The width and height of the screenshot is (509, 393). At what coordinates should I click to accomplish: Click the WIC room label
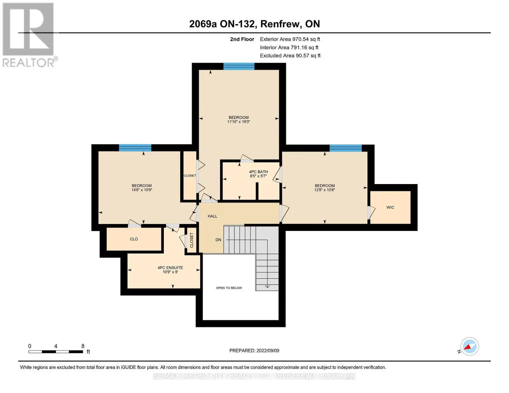tap(390, 207)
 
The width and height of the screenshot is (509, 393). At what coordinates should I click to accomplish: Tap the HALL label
tap(212, 216)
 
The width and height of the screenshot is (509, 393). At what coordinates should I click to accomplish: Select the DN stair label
tap(218, 240)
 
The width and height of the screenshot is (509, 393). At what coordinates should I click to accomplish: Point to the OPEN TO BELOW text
tap(229, 288)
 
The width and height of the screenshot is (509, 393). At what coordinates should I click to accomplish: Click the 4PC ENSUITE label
tap(170, 268)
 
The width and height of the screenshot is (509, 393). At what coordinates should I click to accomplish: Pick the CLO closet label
tap(134, 239)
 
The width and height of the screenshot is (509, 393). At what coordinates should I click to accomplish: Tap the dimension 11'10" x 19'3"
tap(239, 122)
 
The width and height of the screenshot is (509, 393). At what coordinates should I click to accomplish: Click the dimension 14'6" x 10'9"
tap(142, 190)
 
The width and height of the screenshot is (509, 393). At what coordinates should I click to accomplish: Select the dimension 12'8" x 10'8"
tap(324, 190)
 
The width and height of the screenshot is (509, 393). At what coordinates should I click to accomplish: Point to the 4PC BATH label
tap(258, 172)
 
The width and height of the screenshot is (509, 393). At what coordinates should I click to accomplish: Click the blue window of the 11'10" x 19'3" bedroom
tap(239, 66)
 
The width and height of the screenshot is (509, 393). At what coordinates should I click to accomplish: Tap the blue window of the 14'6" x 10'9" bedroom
tap(135, 148)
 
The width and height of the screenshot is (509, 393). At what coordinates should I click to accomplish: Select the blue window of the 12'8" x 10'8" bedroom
tap(345, 148)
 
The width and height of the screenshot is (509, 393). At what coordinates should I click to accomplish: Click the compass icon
tap(469, 346)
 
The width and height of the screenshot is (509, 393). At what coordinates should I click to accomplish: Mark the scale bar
tap(56, 351)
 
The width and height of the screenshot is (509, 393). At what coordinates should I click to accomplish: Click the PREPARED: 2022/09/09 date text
tap(254, 350)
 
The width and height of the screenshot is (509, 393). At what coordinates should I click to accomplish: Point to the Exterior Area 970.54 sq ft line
tap(290, 39)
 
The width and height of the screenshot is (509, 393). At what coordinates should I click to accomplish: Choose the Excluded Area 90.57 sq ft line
tap(290, 55)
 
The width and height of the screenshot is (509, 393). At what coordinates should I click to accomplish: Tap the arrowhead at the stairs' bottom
tap(267, 286)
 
